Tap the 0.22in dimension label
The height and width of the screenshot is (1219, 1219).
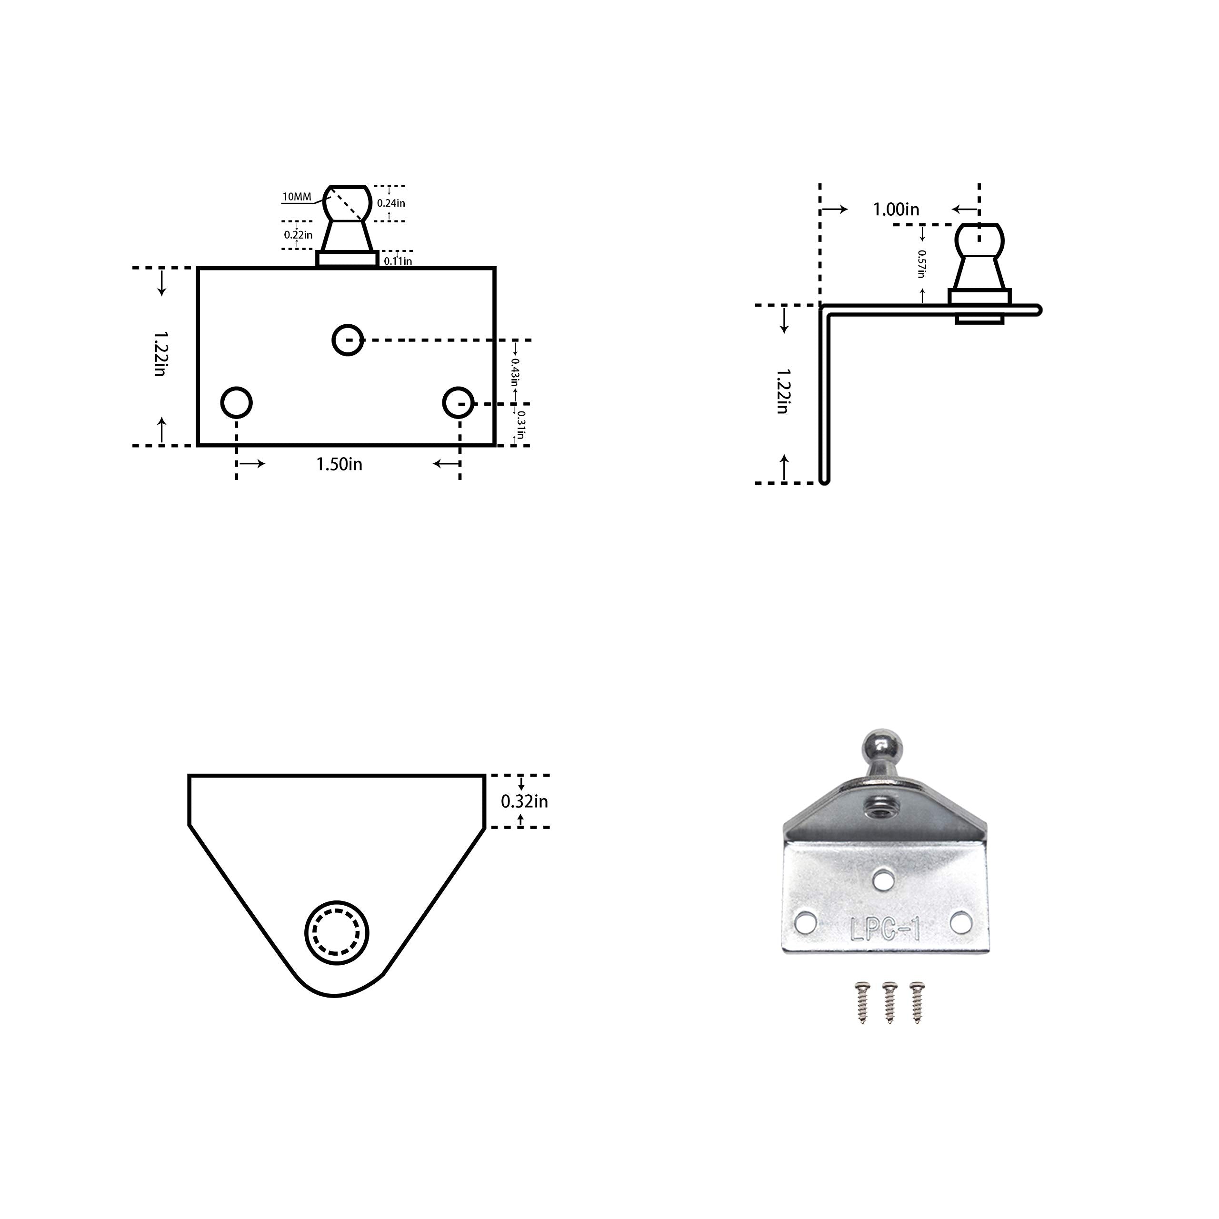(x=298, y=235)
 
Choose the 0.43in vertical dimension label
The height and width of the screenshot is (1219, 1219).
(x=515, y=372)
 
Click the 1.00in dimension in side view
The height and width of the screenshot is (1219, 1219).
(x=896, y=210)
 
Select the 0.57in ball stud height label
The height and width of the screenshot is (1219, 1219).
(x=921, y=264)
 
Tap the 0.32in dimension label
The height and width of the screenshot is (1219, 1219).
(x=524, y=802)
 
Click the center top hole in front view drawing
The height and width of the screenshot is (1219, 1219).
(x=348, y=340)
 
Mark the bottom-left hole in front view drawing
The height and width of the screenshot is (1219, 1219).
(x=237, y=402)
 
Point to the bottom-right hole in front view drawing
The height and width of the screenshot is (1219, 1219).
(x=458, y=402)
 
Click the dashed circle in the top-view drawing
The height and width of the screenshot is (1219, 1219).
(x=337, y=932)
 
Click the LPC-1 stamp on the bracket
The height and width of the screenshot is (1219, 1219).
(x=885, y=930)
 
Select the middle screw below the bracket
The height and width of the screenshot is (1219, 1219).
(x=889, y=1002)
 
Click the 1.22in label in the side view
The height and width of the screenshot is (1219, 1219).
(x=782, y=391)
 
